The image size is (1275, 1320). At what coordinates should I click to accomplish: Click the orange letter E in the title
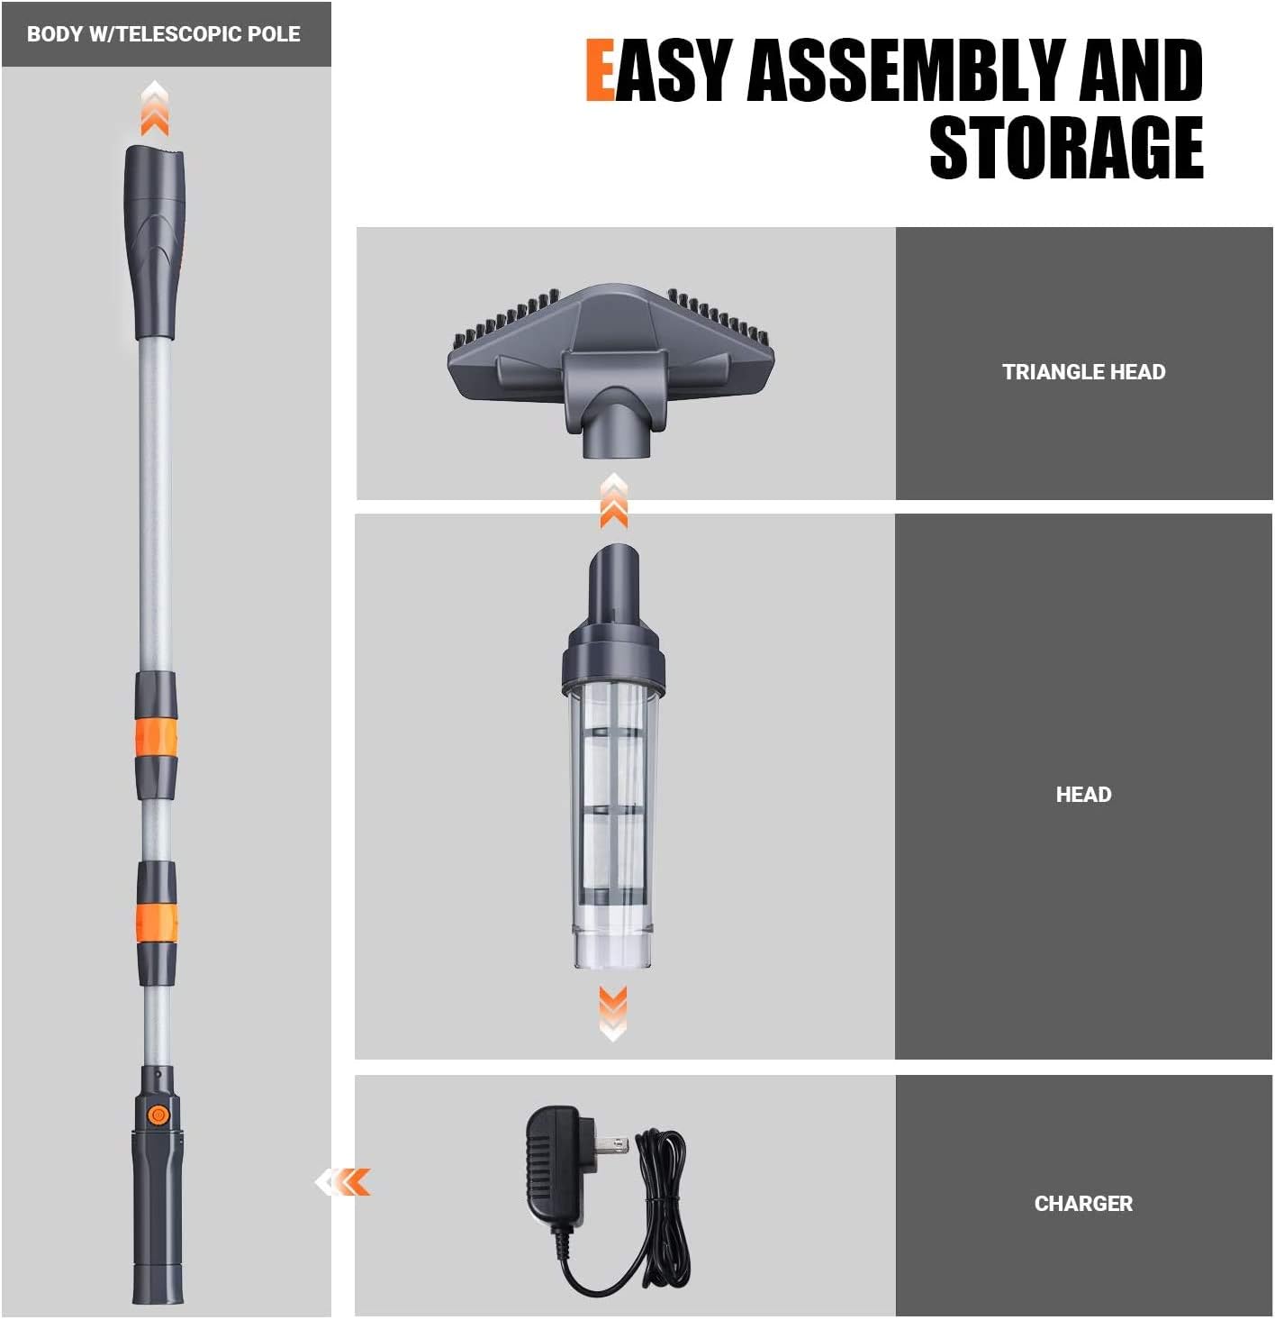pos(600,69)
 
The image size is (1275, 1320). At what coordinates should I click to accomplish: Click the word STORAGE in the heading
pos(1066,148)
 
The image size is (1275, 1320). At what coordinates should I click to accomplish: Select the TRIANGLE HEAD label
pos(1083,371)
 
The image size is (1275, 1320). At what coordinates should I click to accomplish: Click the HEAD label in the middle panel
pos(1083,794)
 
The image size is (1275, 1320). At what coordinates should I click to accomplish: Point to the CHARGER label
pos(1083,1203)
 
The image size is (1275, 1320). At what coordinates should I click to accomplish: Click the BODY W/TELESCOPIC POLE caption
pos(164,34)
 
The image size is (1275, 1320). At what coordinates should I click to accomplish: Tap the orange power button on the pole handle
pos(158,1115)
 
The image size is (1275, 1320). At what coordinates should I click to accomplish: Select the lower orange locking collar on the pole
pos(157,923)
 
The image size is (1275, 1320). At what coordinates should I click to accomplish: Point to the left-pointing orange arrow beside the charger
pos(344,1181)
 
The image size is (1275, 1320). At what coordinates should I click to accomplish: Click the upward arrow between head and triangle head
pos(614,502)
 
